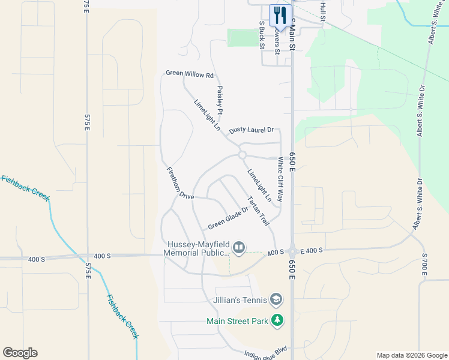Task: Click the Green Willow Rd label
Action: tap(190, 75)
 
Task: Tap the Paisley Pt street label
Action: tap(220, 100)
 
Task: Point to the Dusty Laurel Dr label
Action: tap(251, 130)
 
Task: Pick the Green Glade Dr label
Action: tap(228, 218)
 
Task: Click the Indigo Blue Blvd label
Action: tap(267, 351)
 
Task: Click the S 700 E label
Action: tap(424, 264)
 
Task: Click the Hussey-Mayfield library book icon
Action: tap(239, 248)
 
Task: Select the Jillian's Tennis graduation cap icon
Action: tap(276, 299)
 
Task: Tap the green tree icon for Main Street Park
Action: tap(277, 321)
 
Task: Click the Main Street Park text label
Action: tap(237, 321)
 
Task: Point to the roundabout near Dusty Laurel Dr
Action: tap(242, 155)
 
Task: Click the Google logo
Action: tap(20, 353)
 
